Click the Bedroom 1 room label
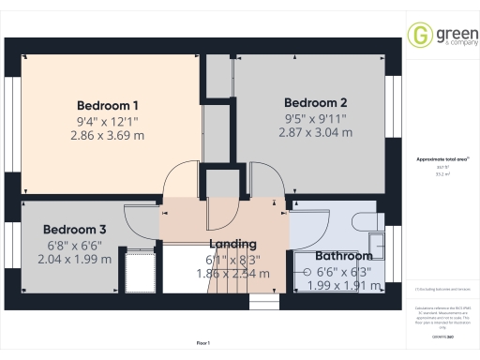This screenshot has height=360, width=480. [x=108, y=104]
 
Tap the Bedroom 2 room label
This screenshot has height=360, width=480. [x=316, y=102]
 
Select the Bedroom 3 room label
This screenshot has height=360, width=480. [x=74, y=229]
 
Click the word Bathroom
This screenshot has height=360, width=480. [x=343, y=255]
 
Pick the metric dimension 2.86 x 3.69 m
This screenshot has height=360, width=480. [x=108, y=135]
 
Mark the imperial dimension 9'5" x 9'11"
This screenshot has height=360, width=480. [x=316, y=118]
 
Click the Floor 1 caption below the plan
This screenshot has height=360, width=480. [x=202, y=344]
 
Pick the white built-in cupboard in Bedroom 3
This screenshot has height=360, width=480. [x=138, y=270]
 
